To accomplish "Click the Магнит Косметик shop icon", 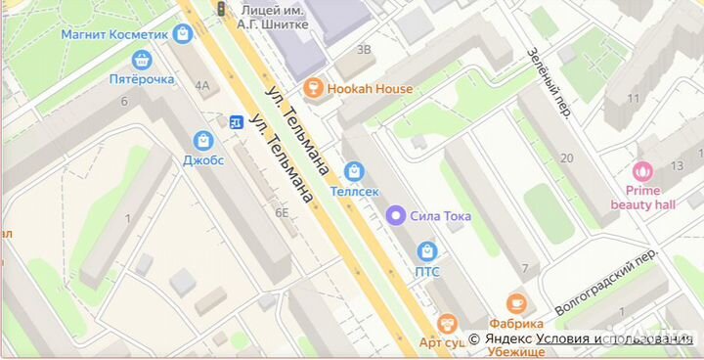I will (x=182, y=34).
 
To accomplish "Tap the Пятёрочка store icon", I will (x=143, y=60).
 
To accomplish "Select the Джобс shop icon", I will (x=203, y=141).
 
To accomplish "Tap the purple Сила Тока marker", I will (x=396, y=215).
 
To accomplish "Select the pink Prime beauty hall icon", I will (x=643, y=171).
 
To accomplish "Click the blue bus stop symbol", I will (x=236, y=122).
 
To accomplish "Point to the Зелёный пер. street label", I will (x=548, y=83).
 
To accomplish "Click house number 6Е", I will (x=283, y=212).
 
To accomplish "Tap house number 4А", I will (x=201, y=85).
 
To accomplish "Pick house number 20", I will (x=566, y=157).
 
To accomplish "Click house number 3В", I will (x=364, y=49).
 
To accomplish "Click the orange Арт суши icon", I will (x=448, y=324).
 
